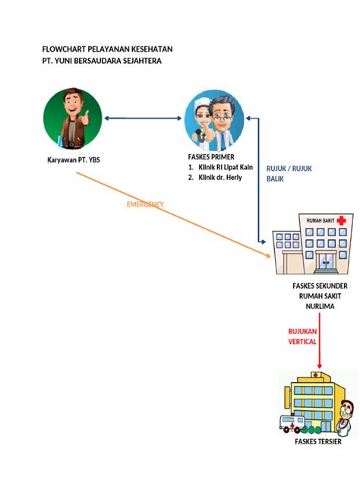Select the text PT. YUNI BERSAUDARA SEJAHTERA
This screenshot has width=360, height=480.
102,61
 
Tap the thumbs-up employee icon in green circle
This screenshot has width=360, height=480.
73,118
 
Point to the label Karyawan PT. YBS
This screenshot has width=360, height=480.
74,160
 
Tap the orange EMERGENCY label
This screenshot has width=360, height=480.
145,204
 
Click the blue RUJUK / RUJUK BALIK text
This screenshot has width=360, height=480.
289,174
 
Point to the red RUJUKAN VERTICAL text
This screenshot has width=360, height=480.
302,336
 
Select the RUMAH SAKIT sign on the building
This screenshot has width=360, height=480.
319,220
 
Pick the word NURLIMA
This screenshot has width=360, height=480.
320,306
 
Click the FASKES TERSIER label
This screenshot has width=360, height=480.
318,442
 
